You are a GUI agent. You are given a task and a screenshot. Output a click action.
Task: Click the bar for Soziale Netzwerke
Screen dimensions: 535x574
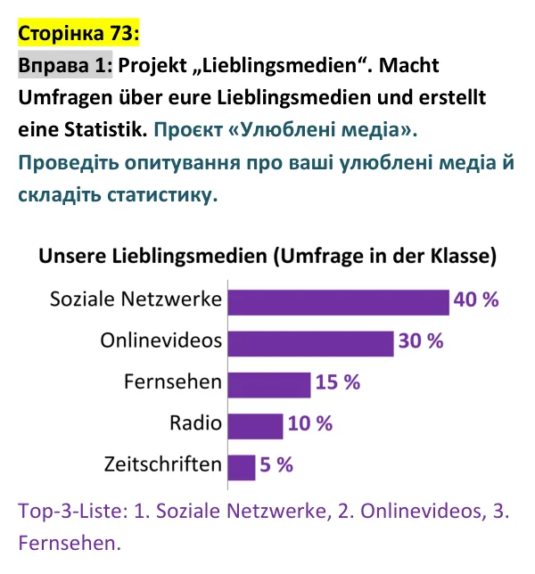338,302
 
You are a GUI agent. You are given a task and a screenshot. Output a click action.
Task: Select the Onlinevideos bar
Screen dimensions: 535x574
310,344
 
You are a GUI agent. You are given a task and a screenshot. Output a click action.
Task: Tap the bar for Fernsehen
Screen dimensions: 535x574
269,385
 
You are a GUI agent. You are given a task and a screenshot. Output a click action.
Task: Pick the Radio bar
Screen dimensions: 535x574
255,426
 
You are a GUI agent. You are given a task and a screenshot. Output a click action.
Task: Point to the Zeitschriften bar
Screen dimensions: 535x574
242,468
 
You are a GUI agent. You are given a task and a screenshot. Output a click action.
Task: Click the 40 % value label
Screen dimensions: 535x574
476,299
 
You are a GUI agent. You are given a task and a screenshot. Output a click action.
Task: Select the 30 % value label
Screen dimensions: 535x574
421,340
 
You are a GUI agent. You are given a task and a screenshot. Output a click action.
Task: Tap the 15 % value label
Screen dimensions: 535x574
338,382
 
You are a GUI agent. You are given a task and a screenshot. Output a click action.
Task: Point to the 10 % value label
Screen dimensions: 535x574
310,423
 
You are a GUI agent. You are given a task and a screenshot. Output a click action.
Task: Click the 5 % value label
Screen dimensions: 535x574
276,465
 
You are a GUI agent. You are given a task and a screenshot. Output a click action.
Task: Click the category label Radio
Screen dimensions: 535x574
195,423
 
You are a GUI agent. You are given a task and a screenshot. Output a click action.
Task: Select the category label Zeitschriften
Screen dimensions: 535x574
163,464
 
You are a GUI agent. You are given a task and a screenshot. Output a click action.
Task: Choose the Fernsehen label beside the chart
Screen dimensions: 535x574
173,381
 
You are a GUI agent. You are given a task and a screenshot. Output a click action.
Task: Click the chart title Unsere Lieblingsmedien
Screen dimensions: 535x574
152,256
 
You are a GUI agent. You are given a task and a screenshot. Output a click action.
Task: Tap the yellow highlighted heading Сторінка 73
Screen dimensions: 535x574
78,33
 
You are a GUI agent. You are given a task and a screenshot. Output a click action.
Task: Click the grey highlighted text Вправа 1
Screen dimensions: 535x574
65,65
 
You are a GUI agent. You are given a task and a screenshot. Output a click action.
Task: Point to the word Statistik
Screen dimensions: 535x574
106,129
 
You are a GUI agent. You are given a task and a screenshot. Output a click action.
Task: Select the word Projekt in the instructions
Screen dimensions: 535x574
152,66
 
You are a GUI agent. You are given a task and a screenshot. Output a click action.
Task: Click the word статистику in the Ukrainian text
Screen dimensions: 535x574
162,195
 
